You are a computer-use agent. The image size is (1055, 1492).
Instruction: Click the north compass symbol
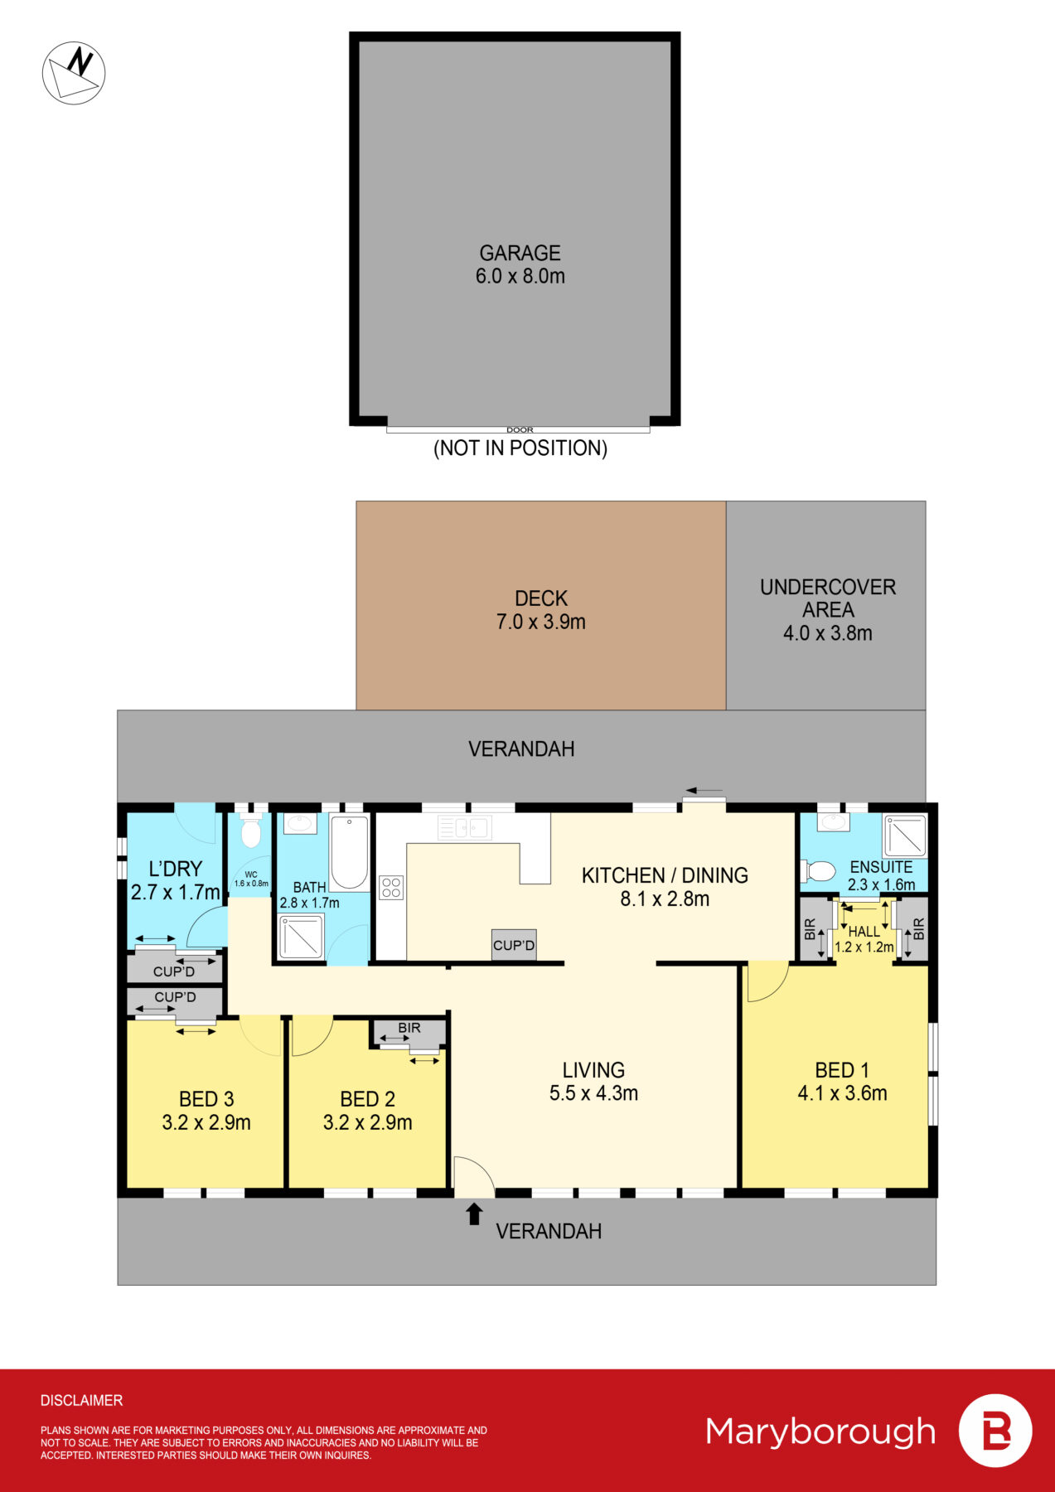[74, 73]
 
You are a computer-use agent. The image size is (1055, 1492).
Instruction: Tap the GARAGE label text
[520, 253]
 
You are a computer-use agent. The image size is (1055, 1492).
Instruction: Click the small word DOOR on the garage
[520, 429]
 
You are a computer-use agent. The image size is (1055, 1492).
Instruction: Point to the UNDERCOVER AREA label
[828, 598]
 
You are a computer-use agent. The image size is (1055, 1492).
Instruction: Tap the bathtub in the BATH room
[350, 852]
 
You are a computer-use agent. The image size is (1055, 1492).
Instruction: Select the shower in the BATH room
[301, 937]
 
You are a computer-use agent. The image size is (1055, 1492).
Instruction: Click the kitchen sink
[464, 826]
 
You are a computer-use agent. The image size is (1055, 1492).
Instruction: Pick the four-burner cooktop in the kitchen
[391, 888]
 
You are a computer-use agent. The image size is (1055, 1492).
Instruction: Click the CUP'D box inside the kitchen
[514, 945]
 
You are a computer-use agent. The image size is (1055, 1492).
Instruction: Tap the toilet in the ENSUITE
[819, 871]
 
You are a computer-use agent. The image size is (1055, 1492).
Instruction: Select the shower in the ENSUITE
[904, 836]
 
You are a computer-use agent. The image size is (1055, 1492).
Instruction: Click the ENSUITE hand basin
[833, 821]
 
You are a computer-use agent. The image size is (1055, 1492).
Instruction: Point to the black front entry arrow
[474, 1214]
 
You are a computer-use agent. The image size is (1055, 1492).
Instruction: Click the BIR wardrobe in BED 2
[409, 1033]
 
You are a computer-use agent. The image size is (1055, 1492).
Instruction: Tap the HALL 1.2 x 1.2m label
[864, 939]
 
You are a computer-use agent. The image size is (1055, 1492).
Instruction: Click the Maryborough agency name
[820, 1431]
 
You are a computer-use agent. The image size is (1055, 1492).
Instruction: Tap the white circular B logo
[995, 1431]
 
